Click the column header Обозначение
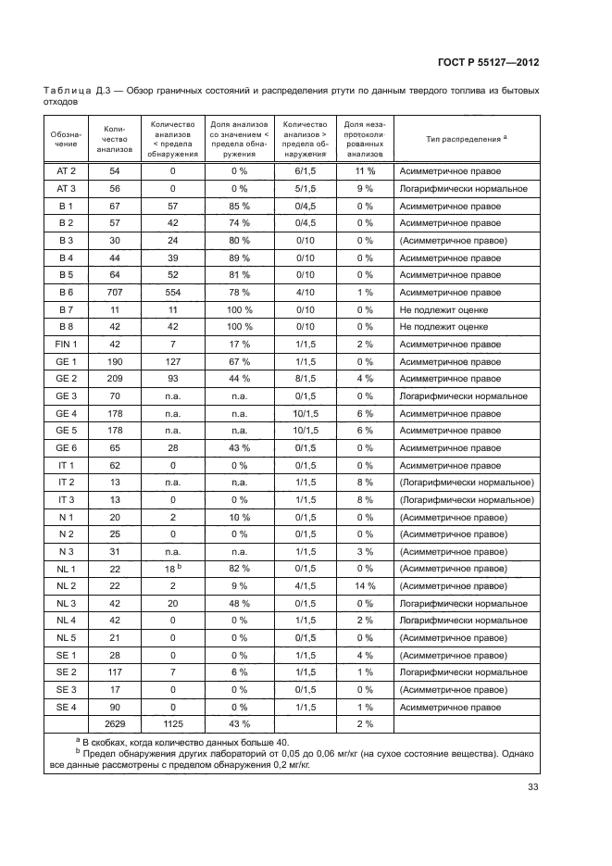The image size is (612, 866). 66,138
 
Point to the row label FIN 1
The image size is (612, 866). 66,344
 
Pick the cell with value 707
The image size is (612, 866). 115,292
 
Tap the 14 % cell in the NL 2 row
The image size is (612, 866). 364,584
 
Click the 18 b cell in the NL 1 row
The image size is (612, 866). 171,567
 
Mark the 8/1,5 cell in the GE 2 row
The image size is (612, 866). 306,378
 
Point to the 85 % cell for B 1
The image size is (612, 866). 239,206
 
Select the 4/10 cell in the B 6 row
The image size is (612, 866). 306,292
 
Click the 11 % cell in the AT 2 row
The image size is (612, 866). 364,171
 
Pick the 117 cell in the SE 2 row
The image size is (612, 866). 115,671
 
